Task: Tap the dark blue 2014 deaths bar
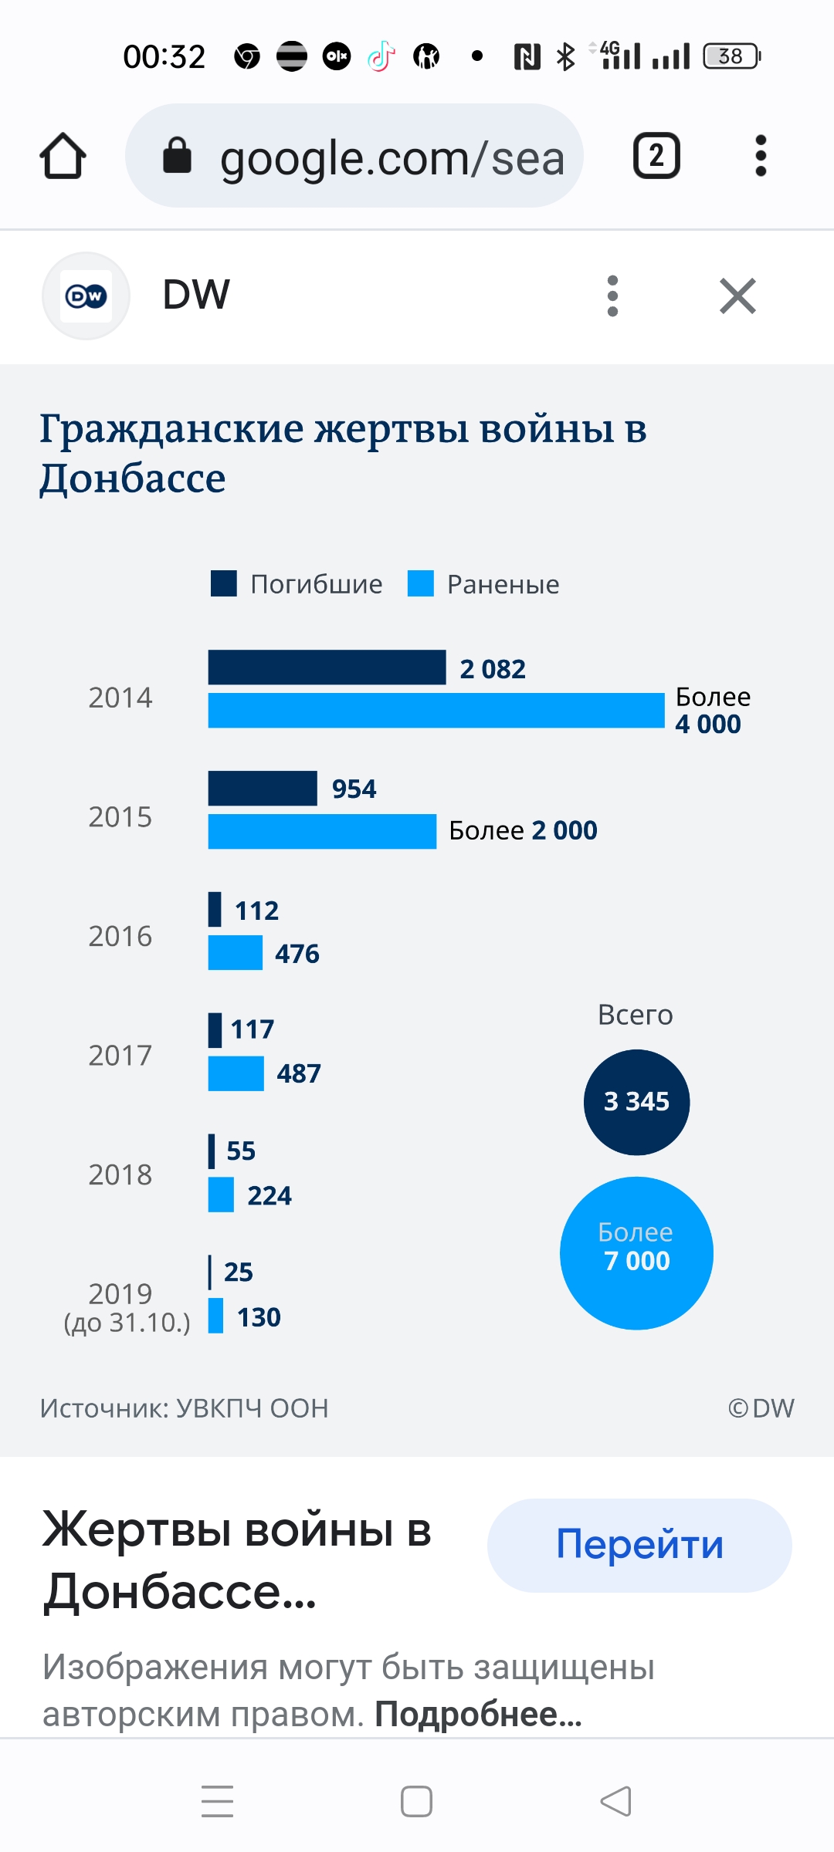(327, 667)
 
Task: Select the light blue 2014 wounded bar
(436, 711)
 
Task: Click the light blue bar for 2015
(322, 831)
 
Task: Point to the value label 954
(354, 789)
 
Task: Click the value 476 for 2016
(297, 954)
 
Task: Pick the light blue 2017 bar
(236, 1073)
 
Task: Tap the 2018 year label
(120, 1174)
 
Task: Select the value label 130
(259, 1317)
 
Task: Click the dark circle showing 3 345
(636, 1102)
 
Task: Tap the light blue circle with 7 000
(636, 1252)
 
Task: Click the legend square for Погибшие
(224, 584)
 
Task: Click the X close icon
(737, 296)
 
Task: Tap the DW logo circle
(86, 296)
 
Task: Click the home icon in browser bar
(63, 156)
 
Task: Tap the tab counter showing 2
(656, 156)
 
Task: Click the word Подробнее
(478, 1715)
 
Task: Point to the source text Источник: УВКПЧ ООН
(184, 1408)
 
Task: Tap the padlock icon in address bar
(177, 156)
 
